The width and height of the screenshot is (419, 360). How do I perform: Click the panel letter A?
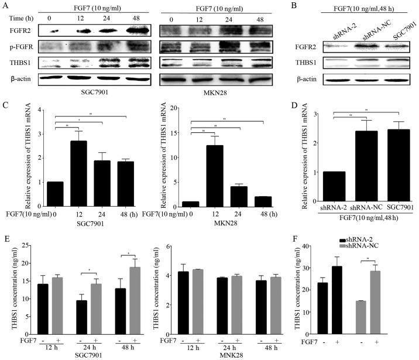tap(5, 5)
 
